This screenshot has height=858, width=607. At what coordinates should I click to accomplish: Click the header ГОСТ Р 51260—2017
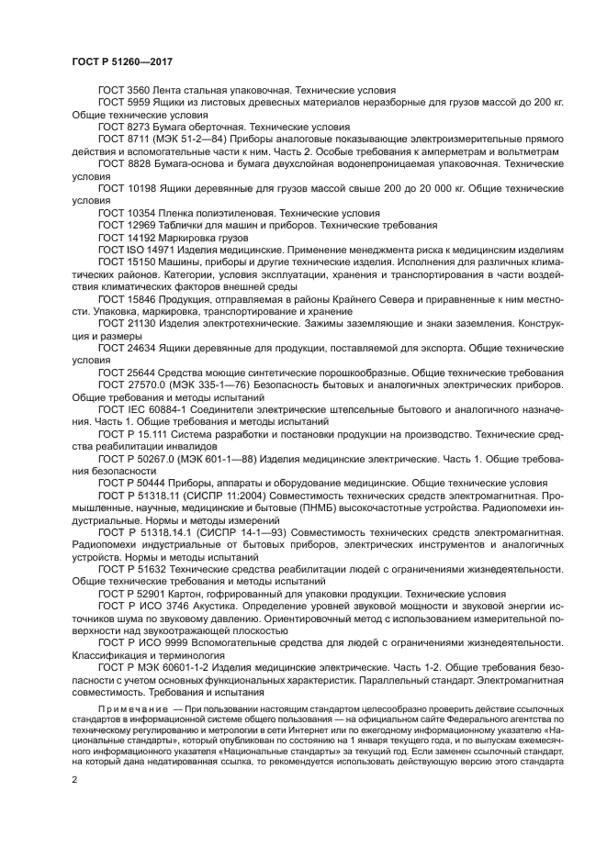click(x=122, y=61)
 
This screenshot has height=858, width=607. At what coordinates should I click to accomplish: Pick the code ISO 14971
click(x=155, y=250)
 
